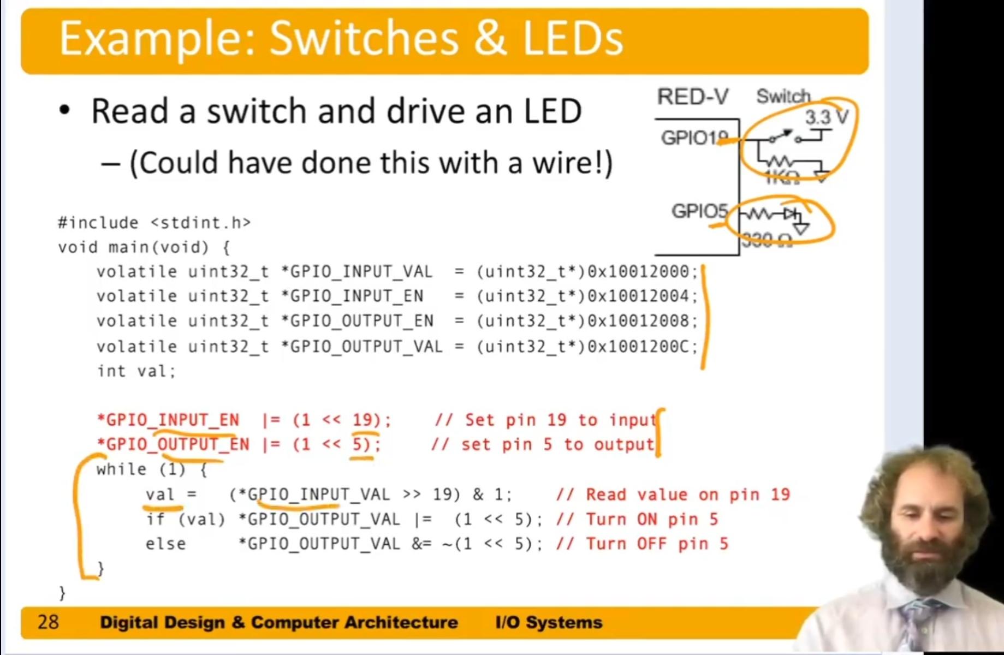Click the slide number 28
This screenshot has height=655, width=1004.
point(48,622)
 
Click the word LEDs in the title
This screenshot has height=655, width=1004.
point(573,39)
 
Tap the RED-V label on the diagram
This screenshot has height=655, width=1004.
point(692,97)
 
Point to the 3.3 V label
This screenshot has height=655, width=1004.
point(826,117)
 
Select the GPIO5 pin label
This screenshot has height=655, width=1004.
point(699,211)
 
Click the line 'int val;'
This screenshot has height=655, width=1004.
point(136,371)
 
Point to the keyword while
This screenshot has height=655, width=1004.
point(121,469)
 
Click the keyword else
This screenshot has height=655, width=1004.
point(165,544)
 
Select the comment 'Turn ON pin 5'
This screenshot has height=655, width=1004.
point(651,519)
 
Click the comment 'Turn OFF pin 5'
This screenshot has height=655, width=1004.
point(657,544)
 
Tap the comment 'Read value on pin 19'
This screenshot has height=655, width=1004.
point(687,495)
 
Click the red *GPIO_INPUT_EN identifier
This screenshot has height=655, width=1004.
point(168,420)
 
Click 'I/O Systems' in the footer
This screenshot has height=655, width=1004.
point(549,622)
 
